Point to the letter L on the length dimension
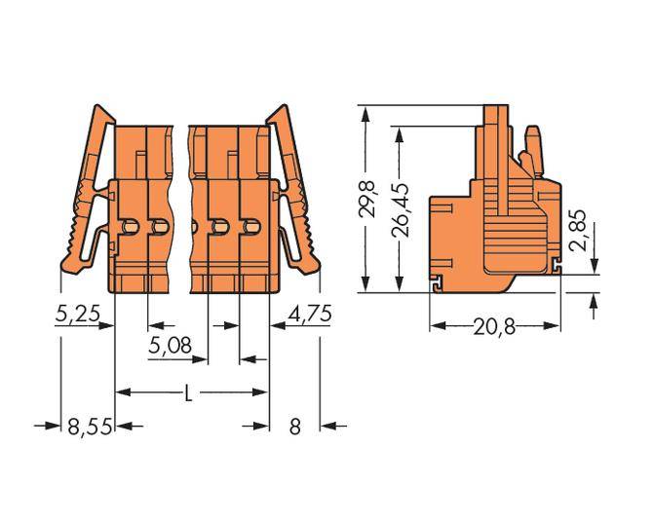pyautogui.click(x=189, y=393)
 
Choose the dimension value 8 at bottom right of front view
pyautogui.click(x=294, y=426)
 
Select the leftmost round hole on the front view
pyautogui.click(x=131, y=228)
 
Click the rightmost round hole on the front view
pyautogui.click(x=251, y=228)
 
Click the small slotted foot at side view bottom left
pyautogui.click(x=438, y=283)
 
